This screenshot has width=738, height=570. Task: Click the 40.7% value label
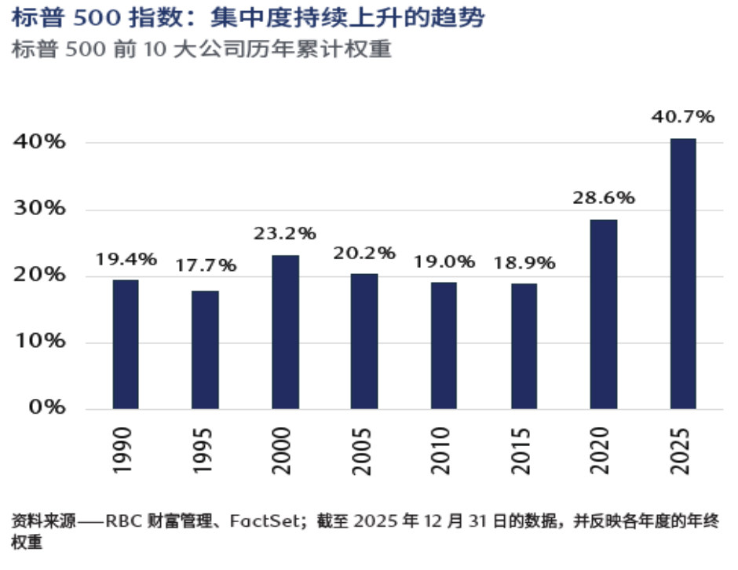(x=683, y=117)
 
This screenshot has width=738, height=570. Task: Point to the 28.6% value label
(x=603, y=198)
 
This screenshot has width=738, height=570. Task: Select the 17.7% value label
(x=205, y=265)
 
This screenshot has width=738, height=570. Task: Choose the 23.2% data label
(x=285, y=233)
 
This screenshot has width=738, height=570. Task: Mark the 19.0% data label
(x=444, y=262)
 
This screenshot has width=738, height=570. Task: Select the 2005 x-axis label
(x=364, y=451)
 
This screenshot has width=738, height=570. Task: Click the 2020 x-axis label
(x=603, y=451)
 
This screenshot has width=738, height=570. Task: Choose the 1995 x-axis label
(x=204, y=451)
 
